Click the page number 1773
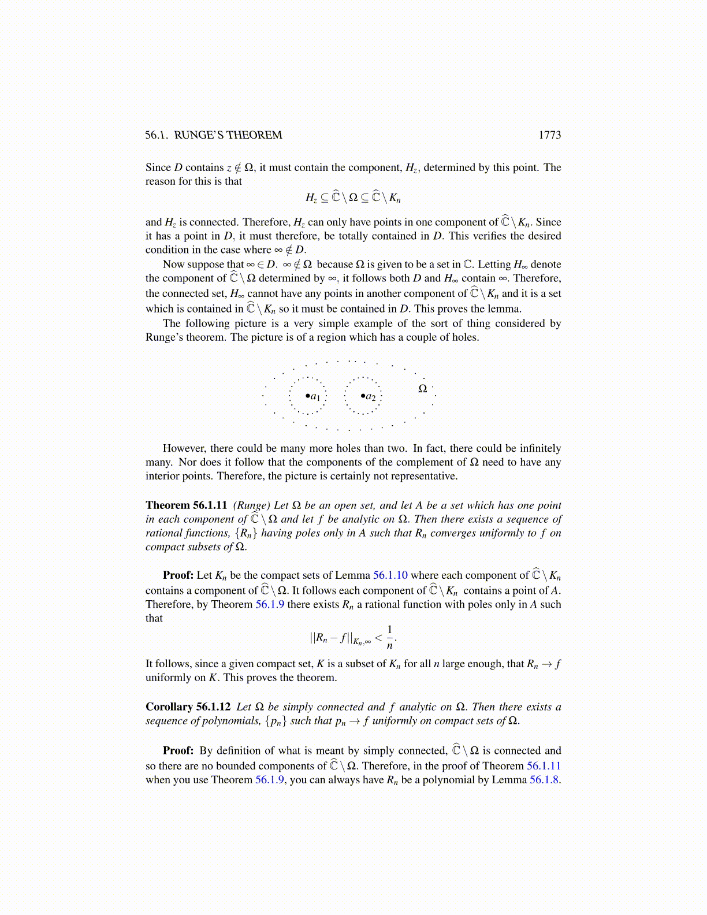[549, 135]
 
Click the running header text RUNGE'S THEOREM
[228, 135]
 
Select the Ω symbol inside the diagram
[422, 389]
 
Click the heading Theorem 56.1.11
[186, 505]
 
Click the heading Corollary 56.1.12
[188, 707]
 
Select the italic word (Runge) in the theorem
[252, 505]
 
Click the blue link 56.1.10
[390, 575]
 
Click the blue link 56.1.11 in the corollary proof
[544, 766]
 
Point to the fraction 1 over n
[390, 637]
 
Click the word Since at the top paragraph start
[158, 168]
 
